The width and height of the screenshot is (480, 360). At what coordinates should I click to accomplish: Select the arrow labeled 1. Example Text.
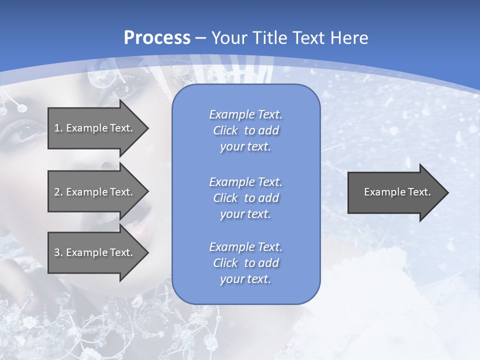coord(95,128)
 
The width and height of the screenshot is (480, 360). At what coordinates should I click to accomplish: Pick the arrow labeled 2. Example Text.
coord(95,192)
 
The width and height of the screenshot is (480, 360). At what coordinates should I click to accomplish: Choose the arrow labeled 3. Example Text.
coord(95,252)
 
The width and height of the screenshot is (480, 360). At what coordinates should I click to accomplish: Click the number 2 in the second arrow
coord(57,192)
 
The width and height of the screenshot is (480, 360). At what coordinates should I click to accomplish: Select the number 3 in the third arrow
coord(57,252)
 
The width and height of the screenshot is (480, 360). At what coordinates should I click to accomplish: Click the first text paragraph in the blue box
coord(245,130)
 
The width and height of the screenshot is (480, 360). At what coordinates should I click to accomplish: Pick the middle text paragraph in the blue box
coord(245,198)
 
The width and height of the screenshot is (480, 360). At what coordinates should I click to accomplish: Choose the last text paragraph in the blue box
coord(245,263)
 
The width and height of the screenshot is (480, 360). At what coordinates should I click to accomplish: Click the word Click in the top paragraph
coord(225,130)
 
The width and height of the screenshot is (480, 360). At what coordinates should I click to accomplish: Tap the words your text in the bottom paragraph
coord(245,279)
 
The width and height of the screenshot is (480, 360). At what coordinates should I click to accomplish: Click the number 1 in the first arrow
coord(57,128)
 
